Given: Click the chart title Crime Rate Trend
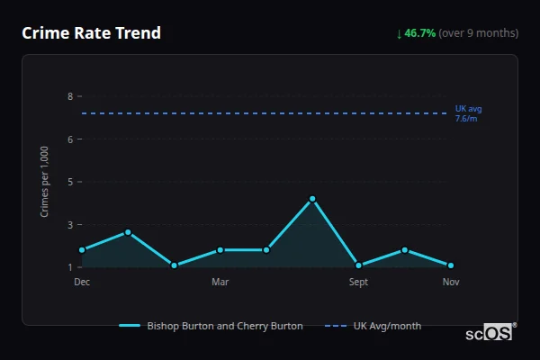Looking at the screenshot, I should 91,33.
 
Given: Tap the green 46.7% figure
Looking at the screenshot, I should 419,33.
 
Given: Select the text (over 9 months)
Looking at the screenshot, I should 478,33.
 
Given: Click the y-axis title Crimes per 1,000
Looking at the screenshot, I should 45,181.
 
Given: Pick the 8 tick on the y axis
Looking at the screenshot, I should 70,96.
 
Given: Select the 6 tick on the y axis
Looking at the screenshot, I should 70,139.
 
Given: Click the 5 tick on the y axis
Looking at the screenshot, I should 70,182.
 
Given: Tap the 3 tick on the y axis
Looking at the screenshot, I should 70,225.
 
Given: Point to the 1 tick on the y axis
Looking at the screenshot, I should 70,267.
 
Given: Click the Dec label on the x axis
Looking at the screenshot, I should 82,282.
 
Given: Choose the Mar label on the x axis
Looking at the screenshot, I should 220,282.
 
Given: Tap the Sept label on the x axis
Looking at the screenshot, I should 358,282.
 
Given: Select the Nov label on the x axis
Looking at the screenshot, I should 451,282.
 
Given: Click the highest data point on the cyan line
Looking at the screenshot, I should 312,199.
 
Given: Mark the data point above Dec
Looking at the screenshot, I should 82,250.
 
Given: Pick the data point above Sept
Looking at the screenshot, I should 358,265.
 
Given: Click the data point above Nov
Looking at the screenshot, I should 451,265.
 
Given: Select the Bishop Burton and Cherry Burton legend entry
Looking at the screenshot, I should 211,326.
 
